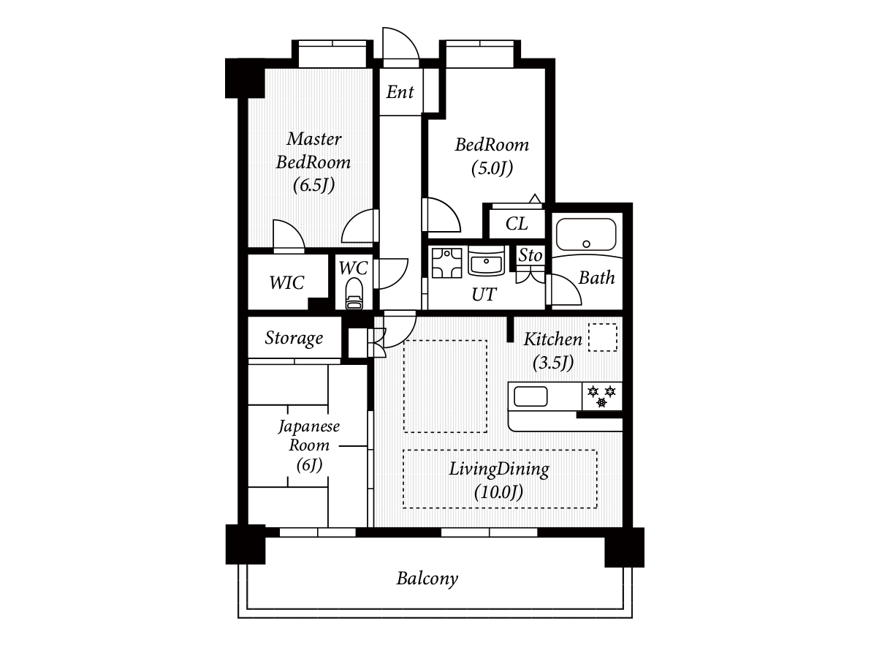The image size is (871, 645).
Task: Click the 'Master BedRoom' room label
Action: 313,150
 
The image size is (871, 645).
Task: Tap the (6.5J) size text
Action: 313,185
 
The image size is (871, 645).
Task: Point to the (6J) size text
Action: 310,464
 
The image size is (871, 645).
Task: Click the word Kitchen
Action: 553,339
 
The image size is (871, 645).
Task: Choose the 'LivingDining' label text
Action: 499,469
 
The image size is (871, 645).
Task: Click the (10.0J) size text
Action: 499,492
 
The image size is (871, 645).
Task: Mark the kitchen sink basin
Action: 530,396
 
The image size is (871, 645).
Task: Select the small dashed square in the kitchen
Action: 603,337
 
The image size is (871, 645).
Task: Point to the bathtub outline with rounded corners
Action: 586,234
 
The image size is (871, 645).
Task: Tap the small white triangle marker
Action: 535,199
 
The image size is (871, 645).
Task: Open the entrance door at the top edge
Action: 400,48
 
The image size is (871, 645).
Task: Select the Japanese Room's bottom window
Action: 317,532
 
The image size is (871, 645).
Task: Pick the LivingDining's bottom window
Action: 490,532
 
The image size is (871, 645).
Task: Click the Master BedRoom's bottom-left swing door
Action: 288,236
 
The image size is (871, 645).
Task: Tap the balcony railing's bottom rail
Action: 435,613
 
